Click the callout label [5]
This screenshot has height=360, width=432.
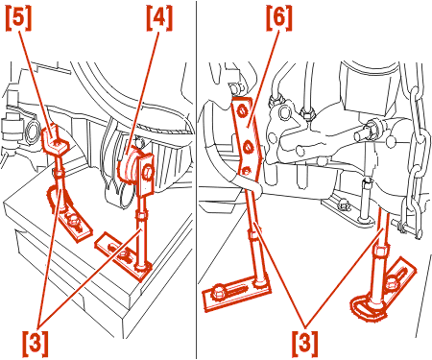(x=18, y=18)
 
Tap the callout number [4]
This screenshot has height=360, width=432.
(x=159, y=18)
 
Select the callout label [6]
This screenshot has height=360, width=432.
(x=279, y=18)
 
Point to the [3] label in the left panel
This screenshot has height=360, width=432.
(x=36, y=345)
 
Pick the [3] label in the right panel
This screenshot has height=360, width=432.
(x=305, y=345)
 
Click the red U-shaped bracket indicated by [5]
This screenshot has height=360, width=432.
(x=55, y=139)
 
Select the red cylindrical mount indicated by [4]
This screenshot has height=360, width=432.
(x=128, y=166)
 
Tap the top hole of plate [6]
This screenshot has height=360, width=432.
(x=242, y=111)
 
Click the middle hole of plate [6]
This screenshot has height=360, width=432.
(x=249, y=147)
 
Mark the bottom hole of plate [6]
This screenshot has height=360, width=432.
(x=246, y=171)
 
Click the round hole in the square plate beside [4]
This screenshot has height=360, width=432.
(x=146, y=173)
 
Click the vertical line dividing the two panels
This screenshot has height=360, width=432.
(x=197, y=180)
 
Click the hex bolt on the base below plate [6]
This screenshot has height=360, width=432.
(x=219, y=292)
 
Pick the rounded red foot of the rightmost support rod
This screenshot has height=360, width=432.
(x=368, y=307)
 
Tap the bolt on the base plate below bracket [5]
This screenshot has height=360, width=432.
(x=74, y=222)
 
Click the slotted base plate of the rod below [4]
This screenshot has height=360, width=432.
(x=123, y=255)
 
